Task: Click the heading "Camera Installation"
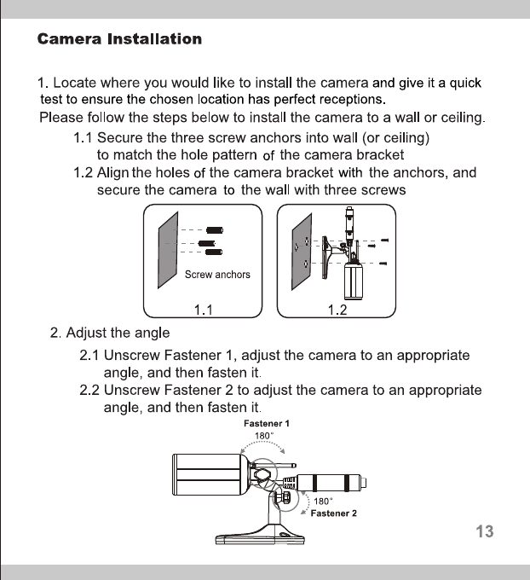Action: pos(120,39)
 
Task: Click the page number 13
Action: pos(484,531)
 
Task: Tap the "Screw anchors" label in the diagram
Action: pos(217,275)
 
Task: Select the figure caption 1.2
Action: pos(338,310)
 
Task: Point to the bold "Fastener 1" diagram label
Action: pos(267,423)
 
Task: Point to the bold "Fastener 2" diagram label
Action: pos(333,513)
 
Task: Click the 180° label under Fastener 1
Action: pos(264,435)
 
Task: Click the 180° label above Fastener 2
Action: pos(323,502)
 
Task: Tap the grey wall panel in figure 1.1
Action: pos(169,247)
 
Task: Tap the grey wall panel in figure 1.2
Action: pos(299,247)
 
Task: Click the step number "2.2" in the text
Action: pos(89,390)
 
